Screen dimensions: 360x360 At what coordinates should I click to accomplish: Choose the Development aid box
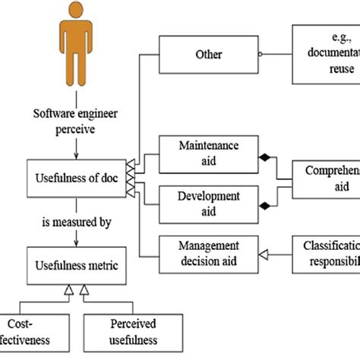tap(208, 203)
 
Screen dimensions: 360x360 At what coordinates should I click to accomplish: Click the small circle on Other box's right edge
tap(260, 54)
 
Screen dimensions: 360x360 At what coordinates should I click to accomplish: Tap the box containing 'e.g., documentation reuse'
tap(326, 54)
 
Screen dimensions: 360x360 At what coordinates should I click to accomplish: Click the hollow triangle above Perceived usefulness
tap(85, 289)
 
